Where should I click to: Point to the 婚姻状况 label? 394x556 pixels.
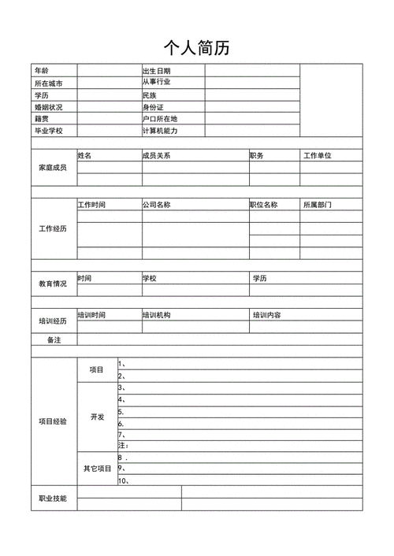pyautogui.click(x=48, y=106)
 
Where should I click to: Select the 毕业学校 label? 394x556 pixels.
pyautogui.click(x=48, y=131)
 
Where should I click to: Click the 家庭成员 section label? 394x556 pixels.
pyautogui.click(x=52, y=168)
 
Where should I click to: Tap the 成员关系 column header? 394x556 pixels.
pyautogui.click(x=157, y=156)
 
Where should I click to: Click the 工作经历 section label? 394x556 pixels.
pyautogui.click(x=52, y=228)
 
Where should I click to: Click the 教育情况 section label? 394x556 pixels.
pyautogui.click(x=52, y=284)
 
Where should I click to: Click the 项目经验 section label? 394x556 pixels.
pyautogui.click(x=53, y=421)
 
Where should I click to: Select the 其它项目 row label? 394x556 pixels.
pyautogui.click(x=98, y=469)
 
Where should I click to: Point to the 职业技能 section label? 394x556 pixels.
pyautogui.click(x=53, y=499)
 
